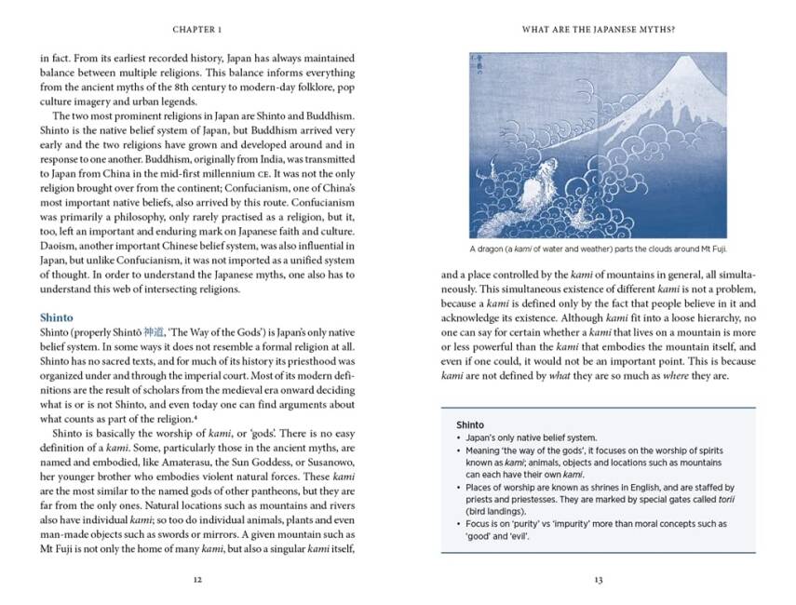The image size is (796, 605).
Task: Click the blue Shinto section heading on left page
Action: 57,317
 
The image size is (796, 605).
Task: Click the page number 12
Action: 196,579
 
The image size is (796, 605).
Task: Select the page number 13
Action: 598,579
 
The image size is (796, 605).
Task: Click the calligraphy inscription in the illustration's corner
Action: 482,67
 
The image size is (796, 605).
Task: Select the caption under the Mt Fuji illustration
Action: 598,249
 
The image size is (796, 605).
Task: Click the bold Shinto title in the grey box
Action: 470,424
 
